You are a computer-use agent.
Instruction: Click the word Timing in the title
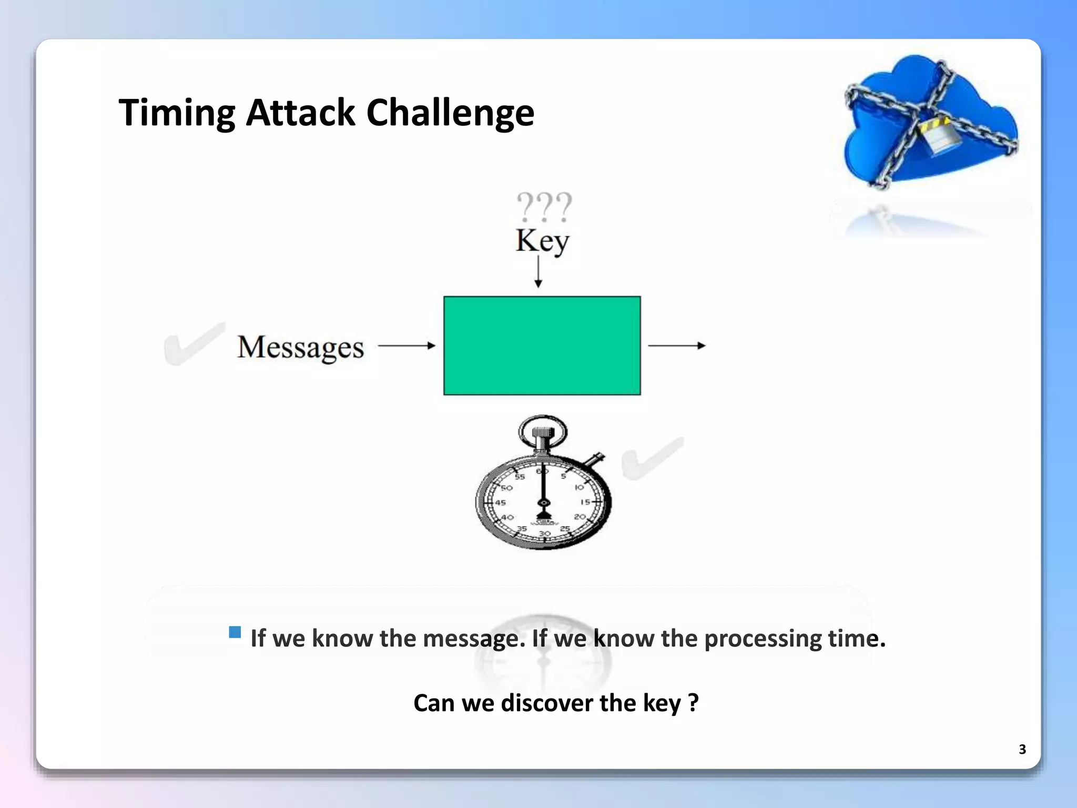click(x=177, y=114)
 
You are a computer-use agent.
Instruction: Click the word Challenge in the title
click(x=450, y=114)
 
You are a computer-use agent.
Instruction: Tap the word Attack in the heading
click(x=300, y=113)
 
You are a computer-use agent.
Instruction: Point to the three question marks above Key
click(x=544, y=207)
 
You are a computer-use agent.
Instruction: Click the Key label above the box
click(x=542, y=241)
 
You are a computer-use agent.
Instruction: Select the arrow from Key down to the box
click(x=538, y=272)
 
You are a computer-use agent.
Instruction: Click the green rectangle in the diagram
click(x=542, y=346)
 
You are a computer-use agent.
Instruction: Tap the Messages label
click(x=300, y=348)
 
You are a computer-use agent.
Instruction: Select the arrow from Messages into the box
click(x=407, y=346)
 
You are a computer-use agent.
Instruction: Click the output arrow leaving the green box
click(x=676, y=346)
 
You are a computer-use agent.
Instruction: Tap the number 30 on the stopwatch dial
click(x=545, y=533)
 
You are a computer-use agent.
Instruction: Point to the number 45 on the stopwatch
click(x=500, y=502)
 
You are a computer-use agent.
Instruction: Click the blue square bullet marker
click(x=235, y=632)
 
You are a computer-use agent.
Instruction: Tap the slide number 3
click(x=1022, y=749)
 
